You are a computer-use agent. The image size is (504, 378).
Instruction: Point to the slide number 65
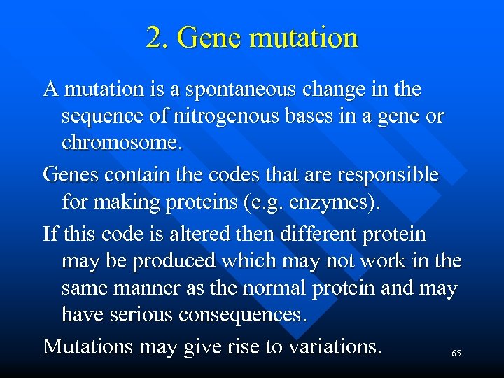click(x=456, y=354)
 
